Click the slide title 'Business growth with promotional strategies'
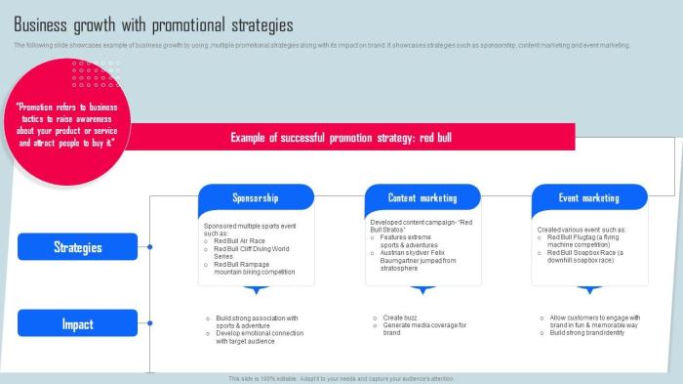[153, 24]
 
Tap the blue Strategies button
[78, 247]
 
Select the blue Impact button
[78, 323]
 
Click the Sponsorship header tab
[256, 198]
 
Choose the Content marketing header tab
[422, 198]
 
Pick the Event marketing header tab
[588, 198]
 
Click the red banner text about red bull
[341, 138]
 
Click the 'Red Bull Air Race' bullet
[239, 240]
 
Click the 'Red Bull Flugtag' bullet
[584, 240]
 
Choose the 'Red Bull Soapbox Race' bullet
[584, 256]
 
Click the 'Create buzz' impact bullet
[400, 318]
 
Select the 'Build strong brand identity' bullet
[586, 332]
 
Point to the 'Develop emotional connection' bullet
[259, 336]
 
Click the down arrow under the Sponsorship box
[256, 290]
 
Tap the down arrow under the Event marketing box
[588, 290]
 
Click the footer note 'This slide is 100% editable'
[341, 378]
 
